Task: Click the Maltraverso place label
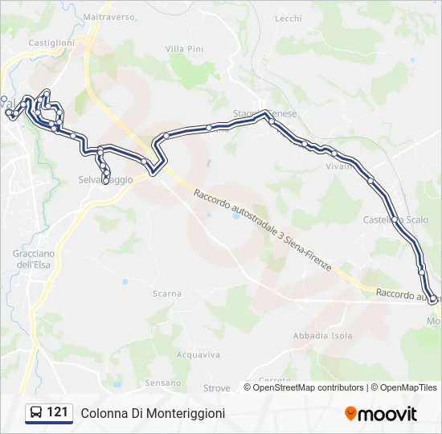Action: point(108,16)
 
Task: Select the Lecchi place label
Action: point(288,18)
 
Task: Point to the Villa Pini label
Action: point(184,49)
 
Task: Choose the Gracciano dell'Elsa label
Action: point(33,259)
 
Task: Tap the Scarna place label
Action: point(166,294)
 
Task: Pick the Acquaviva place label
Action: point(197,354)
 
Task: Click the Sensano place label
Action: point(163,383)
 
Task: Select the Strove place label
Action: point(216,388)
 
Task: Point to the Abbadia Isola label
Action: point(322,335)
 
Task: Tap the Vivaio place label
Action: point(339,166)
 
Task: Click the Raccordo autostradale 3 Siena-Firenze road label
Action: point(263,226)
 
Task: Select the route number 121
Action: point(57,412)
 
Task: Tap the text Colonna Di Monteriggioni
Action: point(153,413)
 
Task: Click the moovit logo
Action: point(381,414)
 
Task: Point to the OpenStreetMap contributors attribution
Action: point(304,387)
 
